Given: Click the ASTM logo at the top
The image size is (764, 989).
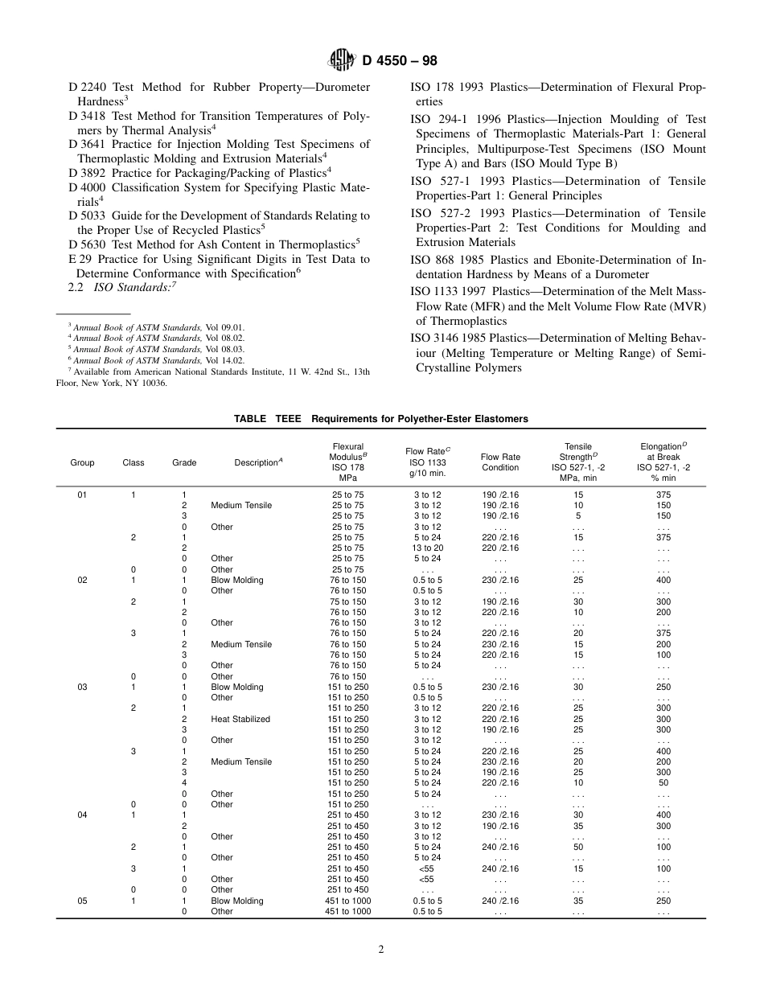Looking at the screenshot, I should point(340,60).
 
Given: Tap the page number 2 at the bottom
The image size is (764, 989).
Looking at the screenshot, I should point(381,949).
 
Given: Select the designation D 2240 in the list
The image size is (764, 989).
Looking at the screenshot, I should point(84,87).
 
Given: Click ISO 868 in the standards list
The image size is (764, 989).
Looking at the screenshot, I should point(434,260).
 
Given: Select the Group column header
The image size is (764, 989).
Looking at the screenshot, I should point(82,462).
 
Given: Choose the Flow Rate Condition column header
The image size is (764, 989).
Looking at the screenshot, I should point(500,462).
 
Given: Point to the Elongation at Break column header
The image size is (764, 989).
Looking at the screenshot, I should point(663,462).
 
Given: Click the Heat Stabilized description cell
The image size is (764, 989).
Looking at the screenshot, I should point(240,719).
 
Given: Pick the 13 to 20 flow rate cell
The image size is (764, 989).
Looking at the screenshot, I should point(427,548).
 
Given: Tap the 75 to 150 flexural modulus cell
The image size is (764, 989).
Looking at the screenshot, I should point(347,601).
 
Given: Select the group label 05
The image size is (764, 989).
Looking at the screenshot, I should point(82,901).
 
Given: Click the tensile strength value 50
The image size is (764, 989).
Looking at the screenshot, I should point(578,847).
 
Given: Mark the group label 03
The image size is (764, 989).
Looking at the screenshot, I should point(82,687).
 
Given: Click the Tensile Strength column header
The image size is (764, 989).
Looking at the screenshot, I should point(578,462).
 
